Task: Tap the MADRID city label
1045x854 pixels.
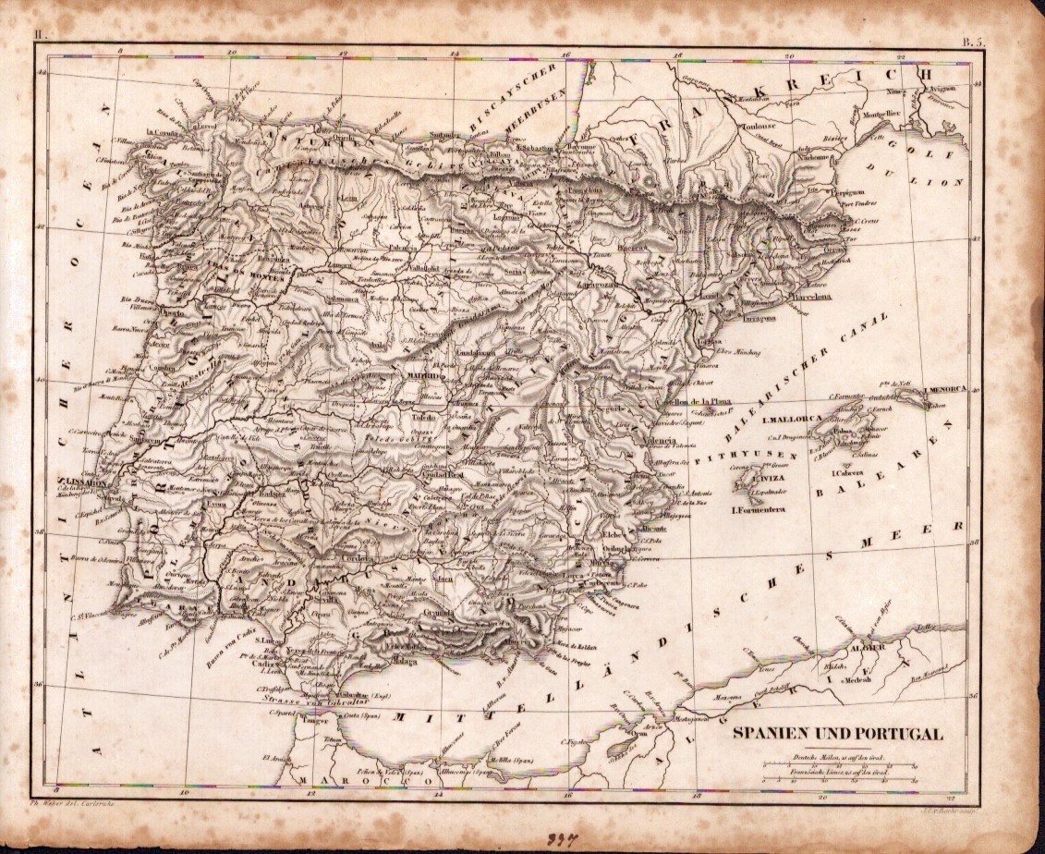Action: (424, 376)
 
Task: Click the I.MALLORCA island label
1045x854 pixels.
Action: (793, 419)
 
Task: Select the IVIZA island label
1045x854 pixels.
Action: (773, 480)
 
